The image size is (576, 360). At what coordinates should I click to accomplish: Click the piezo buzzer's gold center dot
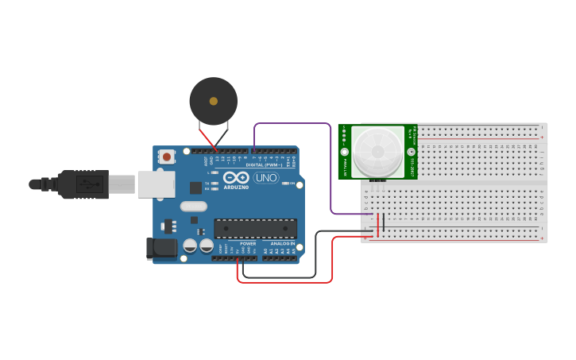(x=213, y=101)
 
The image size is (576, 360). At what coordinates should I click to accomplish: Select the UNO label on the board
(x=265, y=178)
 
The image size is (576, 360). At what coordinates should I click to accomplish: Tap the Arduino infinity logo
(x=235, y=178)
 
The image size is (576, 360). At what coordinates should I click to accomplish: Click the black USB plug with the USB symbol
(x=83, y=184)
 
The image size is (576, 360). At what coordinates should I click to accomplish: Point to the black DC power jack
(x=162, y=248)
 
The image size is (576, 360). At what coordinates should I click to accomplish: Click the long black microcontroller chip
(x=255, y=229)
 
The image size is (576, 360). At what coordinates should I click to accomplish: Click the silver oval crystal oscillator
(x=193, y=207)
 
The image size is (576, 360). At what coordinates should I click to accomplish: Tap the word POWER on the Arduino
(x=248, y=243)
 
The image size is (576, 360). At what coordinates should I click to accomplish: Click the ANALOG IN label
(x=282, y=243)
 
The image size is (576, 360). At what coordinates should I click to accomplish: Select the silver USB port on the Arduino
(x=156, y=184)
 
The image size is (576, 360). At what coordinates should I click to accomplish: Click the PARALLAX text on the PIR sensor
(x=346, y=168)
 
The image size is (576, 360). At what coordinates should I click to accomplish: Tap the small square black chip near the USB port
(x=195, y=188)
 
